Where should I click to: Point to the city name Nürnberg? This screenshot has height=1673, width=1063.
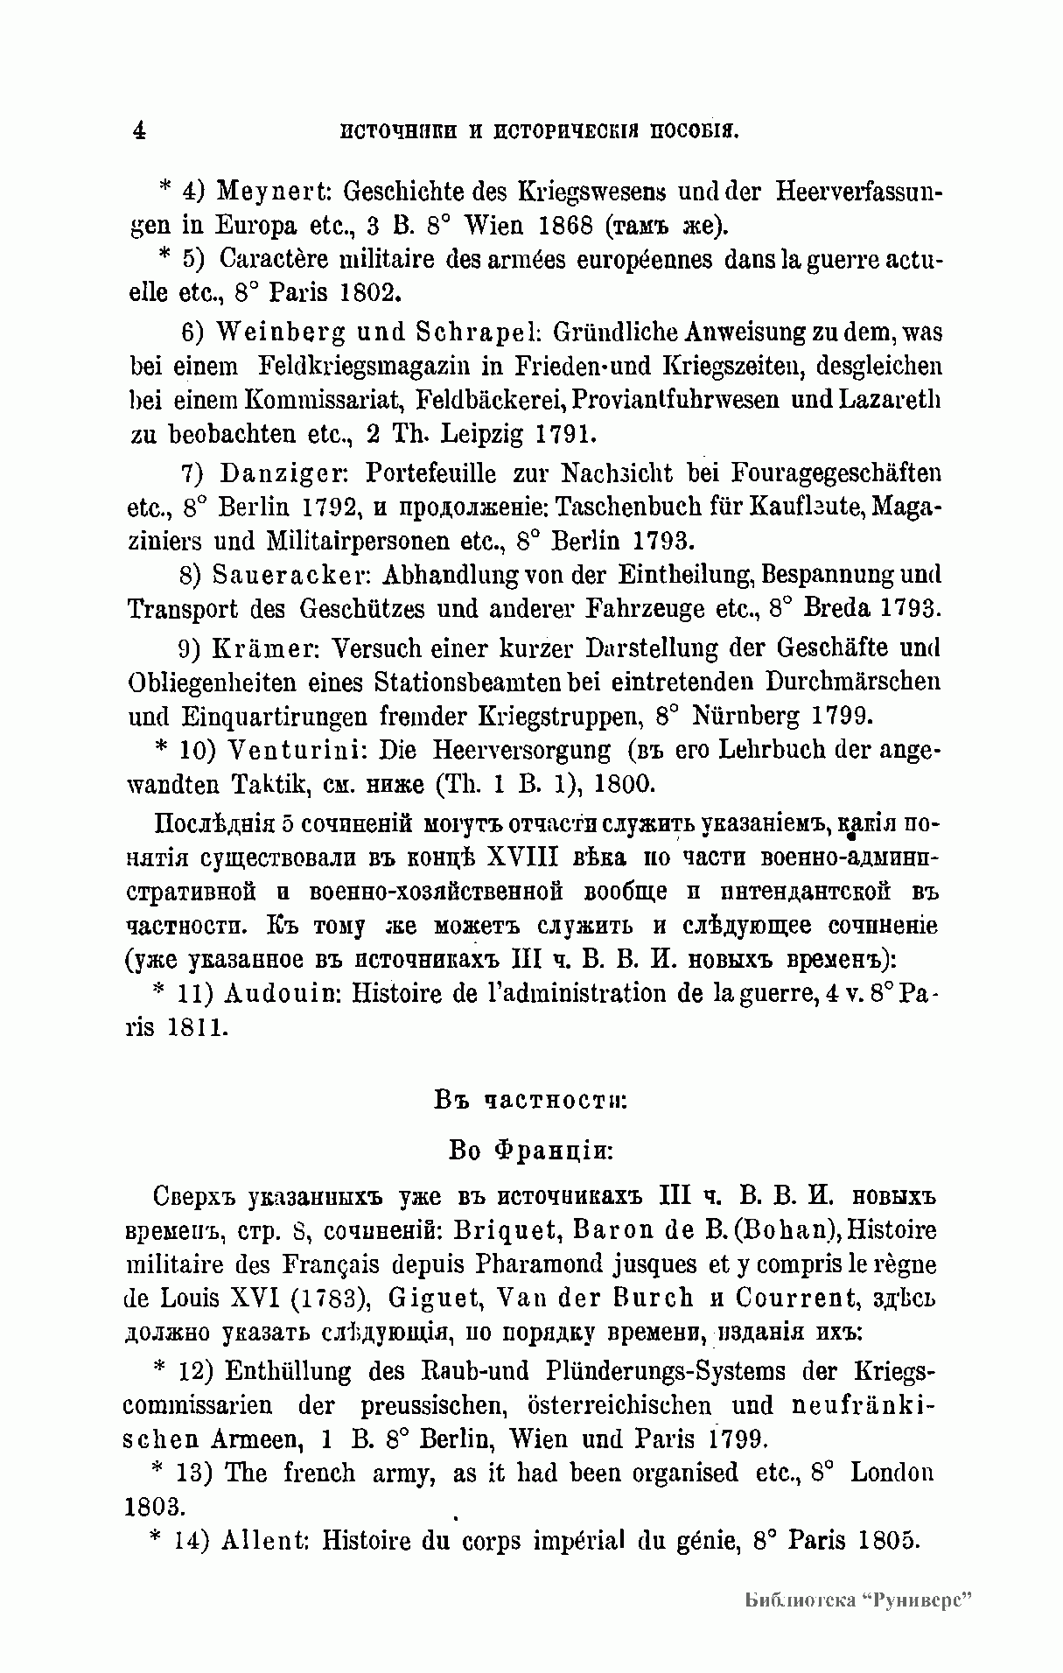pyautogui.click(x=745, y=717)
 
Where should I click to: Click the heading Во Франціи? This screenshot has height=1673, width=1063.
pyautogui.click(x=530, y=1150)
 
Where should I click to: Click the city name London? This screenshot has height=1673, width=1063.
pyautogui.click(x=892, y=1473)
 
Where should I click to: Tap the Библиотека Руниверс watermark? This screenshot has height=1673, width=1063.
pyautogui.click(x=860, y=1600)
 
